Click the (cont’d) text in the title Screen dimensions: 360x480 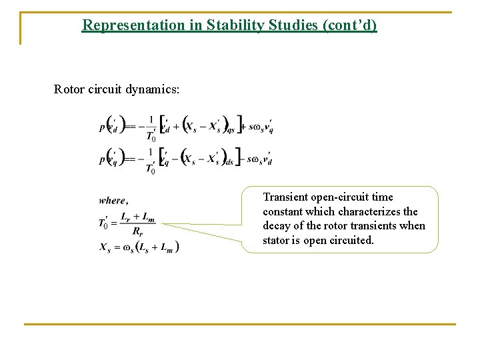point(350,25)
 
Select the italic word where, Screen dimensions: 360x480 point(113,200)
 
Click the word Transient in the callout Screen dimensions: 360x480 point(285,197)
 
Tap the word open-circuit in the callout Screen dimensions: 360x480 point(338,197)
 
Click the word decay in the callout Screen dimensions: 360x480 point(277,225)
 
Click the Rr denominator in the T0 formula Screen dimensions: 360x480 point(137,231)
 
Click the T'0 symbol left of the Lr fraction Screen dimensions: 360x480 point(105,223)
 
